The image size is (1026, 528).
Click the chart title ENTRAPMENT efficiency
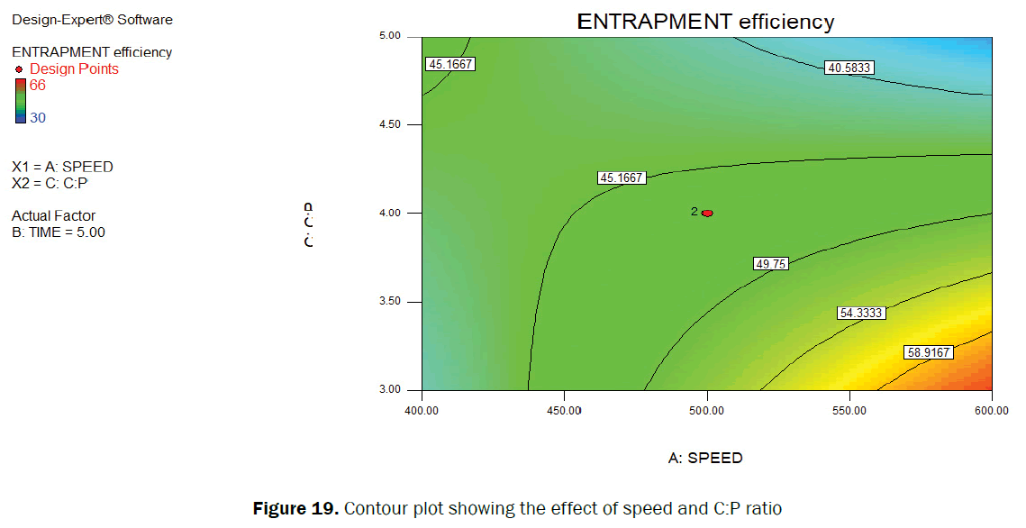[705, 22]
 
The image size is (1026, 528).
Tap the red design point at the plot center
[707, 213]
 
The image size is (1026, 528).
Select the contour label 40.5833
[849, 68]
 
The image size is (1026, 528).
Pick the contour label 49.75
[770, 263]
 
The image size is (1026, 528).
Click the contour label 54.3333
[860, 313]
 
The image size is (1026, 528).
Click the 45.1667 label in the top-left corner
[449, 64]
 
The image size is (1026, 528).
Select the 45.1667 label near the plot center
[622, 178]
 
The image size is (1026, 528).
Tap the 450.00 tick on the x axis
[564, 411]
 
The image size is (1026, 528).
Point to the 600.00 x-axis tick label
[991, 411]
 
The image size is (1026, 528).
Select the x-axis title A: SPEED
[705, 458]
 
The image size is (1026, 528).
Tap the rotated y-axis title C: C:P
[309, 226]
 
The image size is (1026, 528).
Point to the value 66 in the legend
[38, 86]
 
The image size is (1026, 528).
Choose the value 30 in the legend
[38, 117]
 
